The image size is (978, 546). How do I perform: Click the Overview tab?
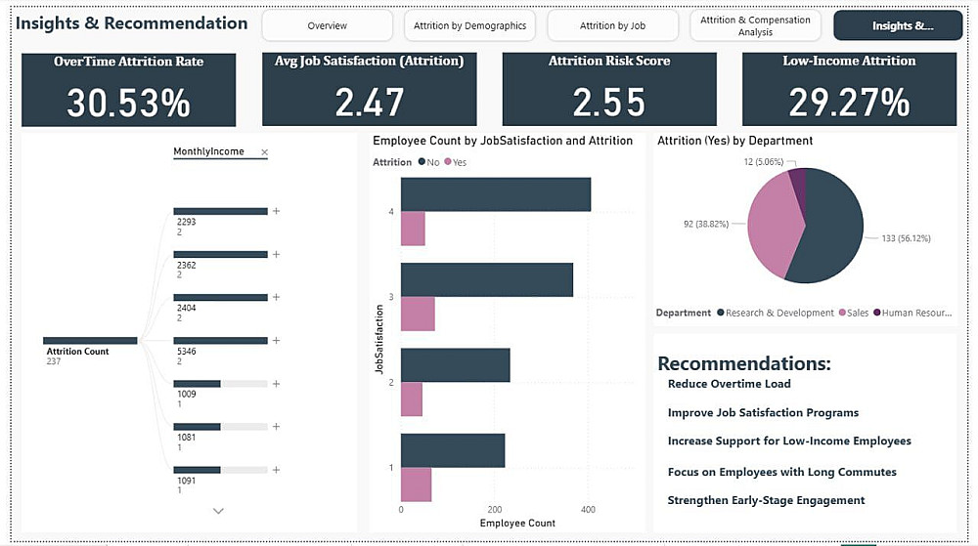327,26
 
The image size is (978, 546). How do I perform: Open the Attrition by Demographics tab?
469,26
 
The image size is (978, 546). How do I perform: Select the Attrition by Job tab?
612,26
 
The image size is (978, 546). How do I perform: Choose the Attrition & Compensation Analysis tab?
755,26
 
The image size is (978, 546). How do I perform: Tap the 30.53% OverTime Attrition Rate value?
128,103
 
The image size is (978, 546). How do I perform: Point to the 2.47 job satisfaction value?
369,103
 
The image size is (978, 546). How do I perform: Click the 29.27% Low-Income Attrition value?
849,103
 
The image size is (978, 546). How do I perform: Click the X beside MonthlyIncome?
264,152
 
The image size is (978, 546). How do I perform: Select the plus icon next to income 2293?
276,211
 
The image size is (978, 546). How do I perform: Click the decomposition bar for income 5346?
220,341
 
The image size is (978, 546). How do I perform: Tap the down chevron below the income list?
218,511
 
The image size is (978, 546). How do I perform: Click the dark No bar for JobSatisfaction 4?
496,194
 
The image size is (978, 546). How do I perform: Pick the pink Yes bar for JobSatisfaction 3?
418,315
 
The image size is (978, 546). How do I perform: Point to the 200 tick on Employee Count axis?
495,510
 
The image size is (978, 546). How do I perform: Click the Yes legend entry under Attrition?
455,162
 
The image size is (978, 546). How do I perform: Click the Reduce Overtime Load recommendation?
729,384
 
